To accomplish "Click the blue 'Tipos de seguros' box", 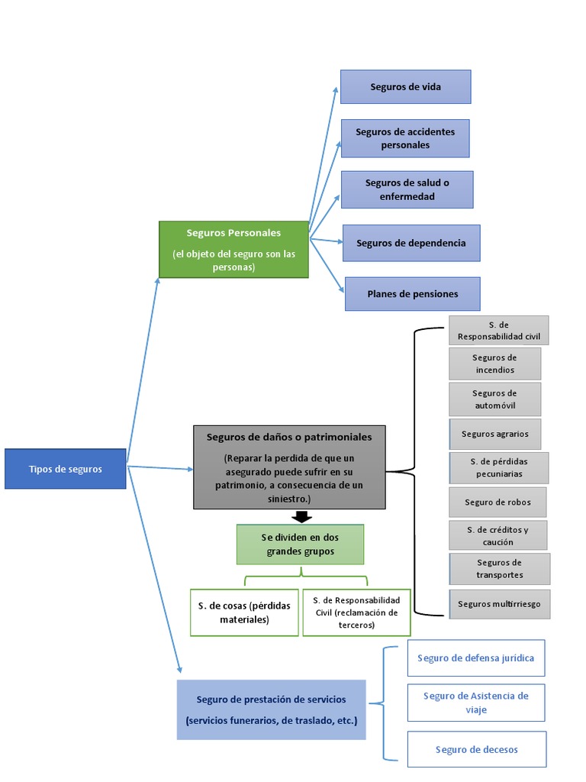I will point(65,469).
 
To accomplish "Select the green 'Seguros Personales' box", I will point(233,250).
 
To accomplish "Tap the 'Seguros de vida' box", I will point(405,87).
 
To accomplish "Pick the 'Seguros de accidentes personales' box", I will point(404,138).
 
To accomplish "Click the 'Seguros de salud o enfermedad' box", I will point(407,189).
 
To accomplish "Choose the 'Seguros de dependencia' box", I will point(411,243).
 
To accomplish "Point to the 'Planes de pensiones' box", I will point(412,294).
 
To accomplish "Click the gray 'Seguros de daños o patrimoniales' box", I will point(289,467).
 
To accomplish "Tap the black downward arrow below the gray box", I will point(301,517).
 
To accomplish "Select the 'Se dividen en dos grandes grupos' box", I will point(300,544).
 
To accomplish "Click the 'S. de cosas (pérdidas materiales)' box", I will point(244,612).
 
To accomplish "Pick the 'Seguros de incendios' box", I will point(494,364).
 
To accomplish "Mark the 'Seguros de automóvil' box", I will point(494,399).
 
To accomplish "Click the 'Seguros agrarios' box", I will point(494,434).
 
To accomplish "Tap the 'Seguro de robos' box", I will point(497,502).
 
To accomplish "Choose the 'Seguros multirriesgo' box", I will point(499,603).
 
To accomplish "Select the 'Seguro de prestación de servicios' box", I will point(271,710).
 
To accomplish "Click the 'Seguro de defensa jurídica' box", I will point(476,658).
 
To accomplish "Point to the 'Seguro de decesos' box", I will point(476,749).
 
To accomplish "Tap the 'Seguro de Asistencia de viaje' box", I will point(475,703).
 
